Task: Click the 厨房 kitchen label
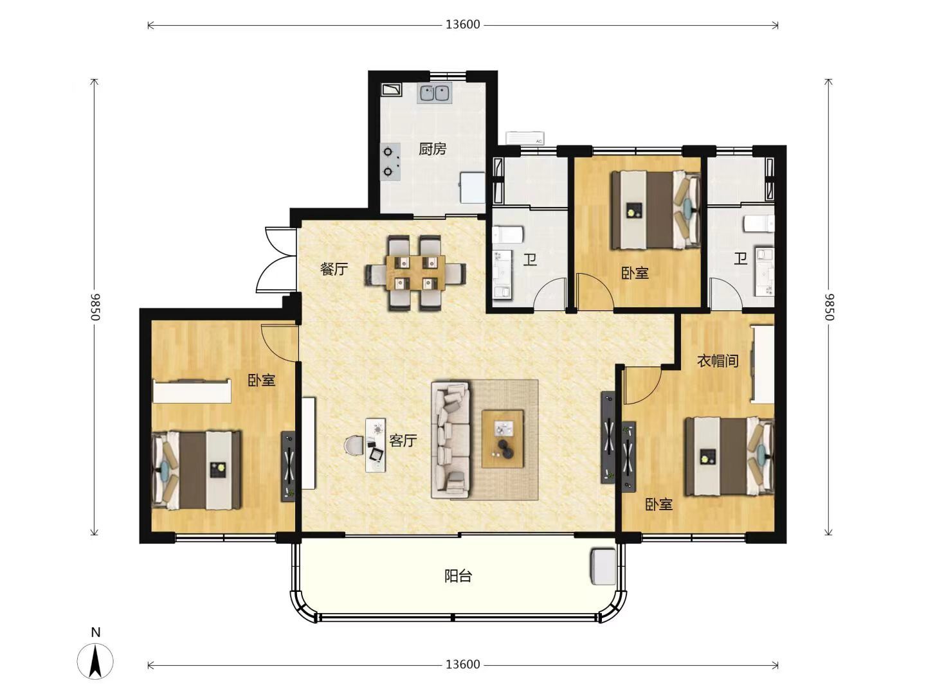coord(432,148)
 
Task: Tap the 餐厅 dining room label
coord(334,269)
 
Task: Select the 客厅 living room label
coord(403,441)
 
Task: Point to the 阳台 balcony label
coord(458,576)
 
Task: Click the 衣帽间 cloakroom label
coord(717,360)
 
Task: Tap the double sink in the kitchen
coord(435,93)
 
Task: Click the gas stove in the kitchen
coord(390,162)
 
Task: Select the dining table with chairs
coord(415,273)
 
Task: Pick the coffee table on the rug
coord(503,439)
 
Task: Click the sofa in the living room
coord(451,440)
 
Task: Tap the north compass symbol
coord(95,661)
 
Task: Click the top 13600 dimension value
coord(463,25)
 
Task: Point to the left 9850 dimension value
coord(95,307)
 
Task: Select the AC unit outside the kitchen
coord(525,138)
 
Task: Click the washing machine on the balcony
coord(603,566)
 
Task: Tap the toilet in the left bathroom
coord(508,235)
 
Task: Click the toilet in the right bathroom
coord(759,224)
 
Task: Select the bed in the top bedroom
coord(656,210)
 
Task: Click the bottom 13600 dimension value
coord(463,665)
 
